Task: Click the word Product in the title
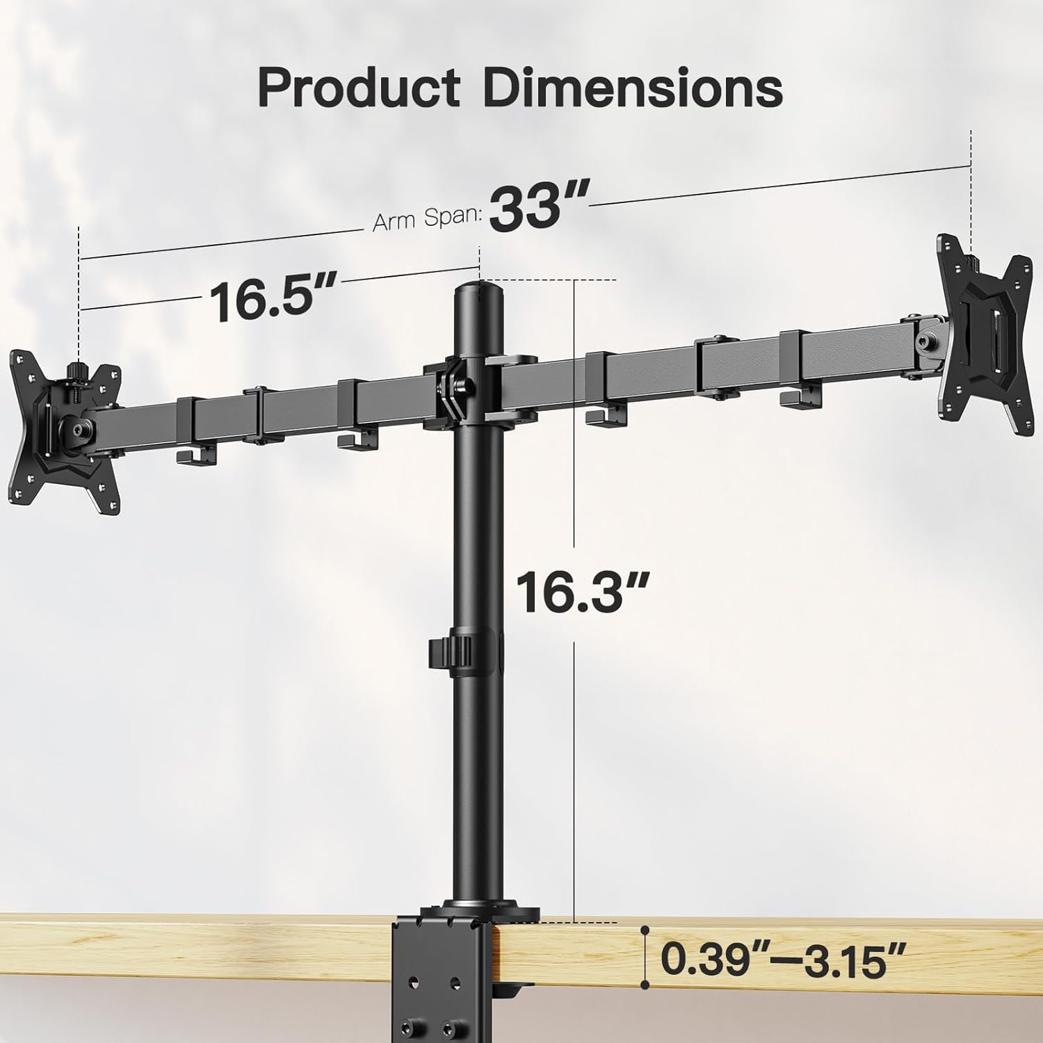[358, 88]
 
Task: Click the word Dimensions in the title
[633, 88]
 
